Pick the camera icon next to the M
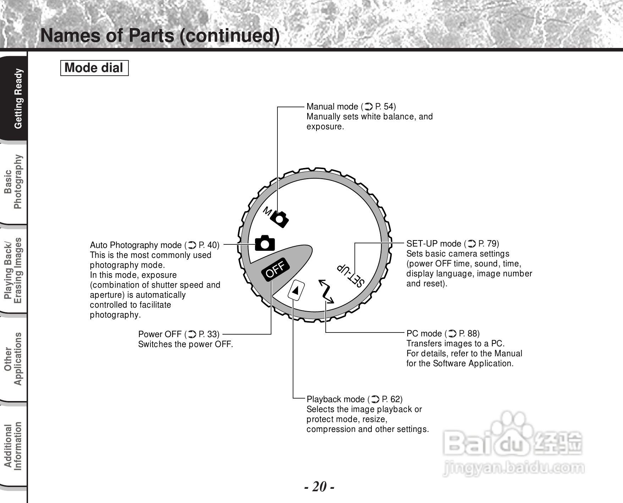(x=280, y=219)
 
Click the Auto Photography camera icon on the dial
(x=265, y=243)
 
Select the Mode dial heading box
(x=94, y=68)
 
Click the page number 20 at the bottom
(x=319, y=486)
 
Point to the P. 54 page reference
(x=385, y=107)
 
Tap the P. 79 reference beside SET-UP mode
(x=488, y=244)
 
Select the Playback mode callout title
(x=336, y=399)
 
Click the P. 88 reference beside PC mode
(x=469, y=334)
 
